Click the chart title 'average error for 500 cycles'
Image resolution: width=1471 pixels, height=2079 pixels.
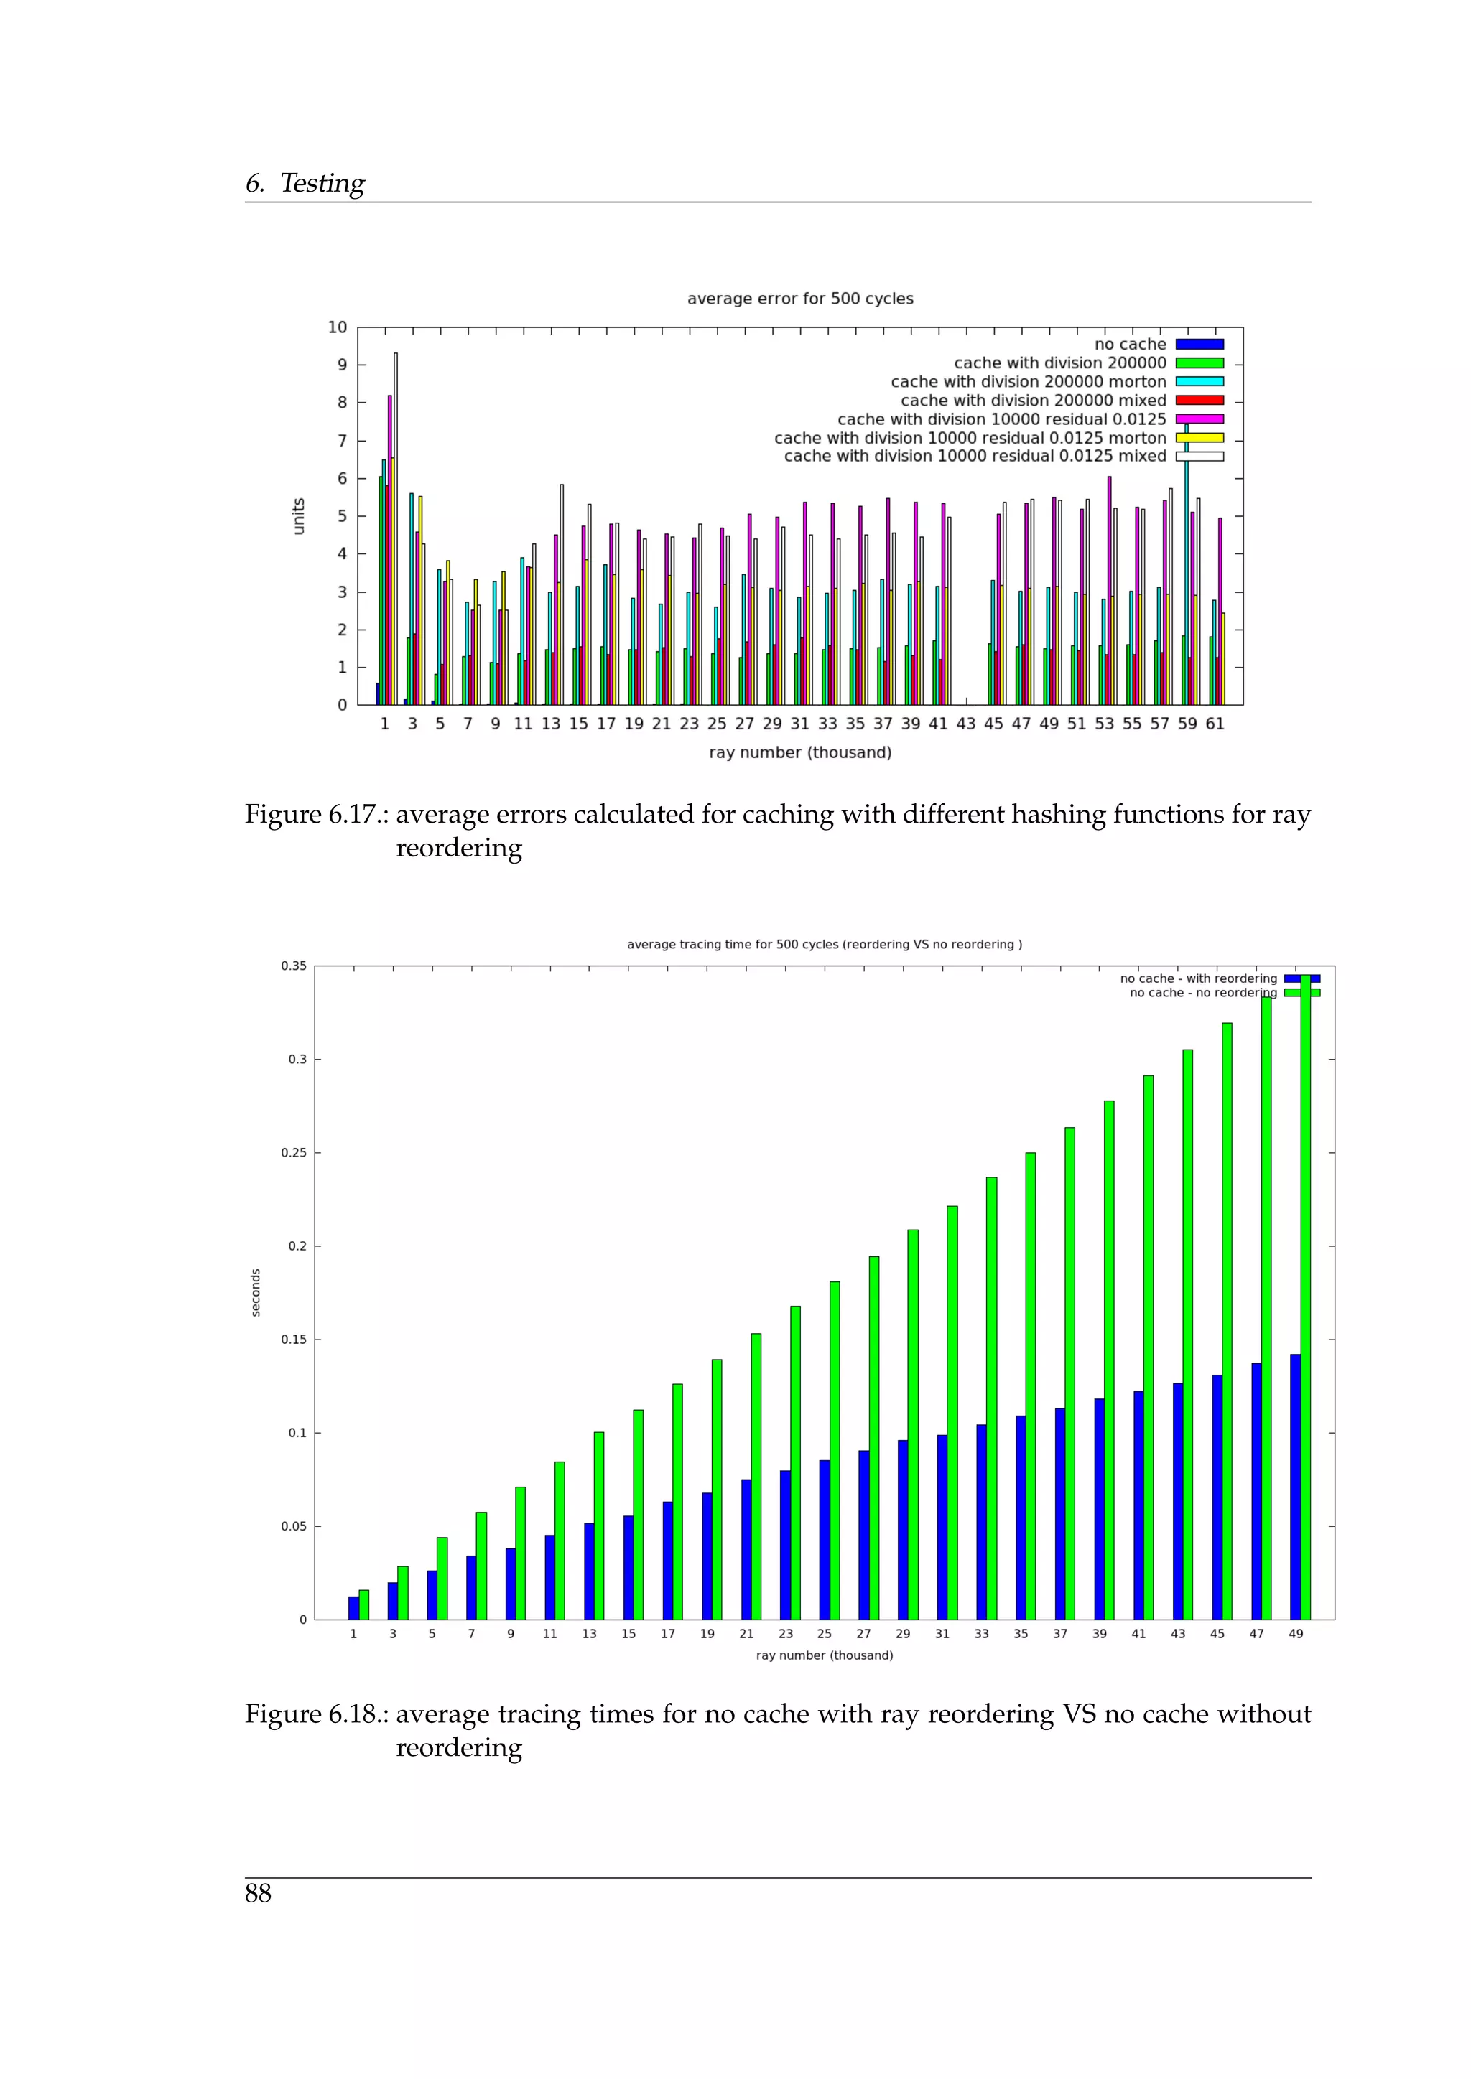[800, 299]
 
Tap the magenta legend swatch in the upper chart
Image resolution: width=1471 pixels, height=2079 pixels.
[1199, 419]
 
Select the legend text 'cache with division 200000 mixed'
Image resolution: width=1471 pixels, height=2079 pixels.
[1034, 401]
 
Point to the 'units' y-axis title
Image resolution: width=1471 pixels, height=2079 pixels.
[299, 515]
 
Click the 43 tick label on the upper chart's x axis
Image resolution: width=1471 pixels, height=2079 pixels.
[967, 724]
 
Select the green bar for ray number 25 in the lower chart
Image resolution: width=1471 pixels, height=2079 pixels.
[834, 1449]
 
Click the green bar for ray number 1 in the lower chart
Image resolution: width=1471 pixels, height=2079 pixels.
[364, 1604]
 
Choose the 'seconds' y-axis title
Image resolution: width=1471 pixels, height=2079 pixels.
[256, 1292]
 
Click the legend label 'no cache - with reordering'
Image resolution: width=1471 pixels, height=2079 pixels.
[1197, 978]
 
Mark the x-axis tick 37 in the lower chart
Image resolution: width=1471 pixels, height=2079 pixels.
[1059, 1633]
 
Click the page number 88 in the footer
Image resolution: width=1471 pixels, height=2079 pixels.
[258, 1893]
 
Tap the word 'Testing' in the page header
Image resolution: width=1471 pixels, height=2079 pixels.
[322, 184]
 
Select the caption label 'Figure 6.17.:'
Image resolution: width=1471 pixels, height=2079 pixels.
[317, 815]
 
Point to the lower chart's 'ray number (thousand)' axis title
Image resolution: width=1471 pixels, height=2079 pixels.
[825, 1655]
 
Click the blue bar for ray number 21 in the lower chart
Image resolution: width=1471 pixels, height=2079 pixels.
[746, 1549]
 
